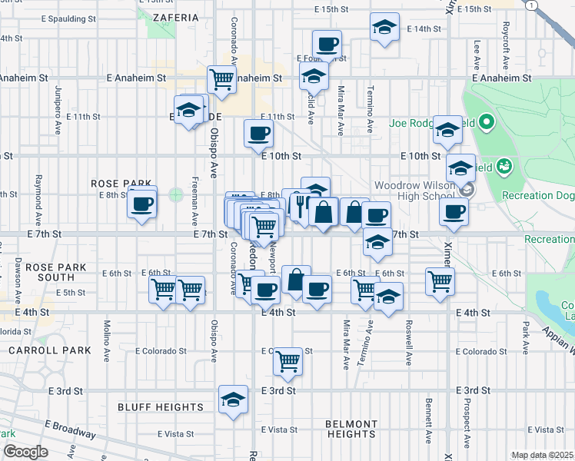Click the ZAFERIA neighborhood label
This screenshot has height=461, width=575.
click(x=175, y=16)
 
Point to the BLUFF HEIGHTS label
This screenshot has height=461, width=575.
click(x=161, y=407)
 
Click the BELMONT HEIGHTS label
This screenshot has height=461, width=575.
click(x=351, y=429)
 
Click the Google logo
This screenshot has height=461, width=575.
click(x=25, y=452)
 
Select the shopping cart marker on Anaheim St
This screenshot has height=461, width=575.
click(x=221, y=78)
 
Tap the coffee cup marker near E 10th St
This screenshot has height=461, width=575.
click(x=258, y=133)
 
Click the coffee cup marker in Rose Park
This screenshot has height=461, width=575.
click(x=142, y=204)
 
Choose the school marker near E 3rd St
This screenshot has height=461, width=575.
click(x=233, y=399)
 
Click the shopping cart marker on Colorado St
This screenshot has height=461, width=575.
click(x=287, y=359)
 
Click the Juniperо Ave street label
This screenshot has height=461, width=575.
click(x=58, y=99)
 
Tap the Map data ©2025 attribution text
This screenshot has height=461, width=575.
click(x=542, y=455)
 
